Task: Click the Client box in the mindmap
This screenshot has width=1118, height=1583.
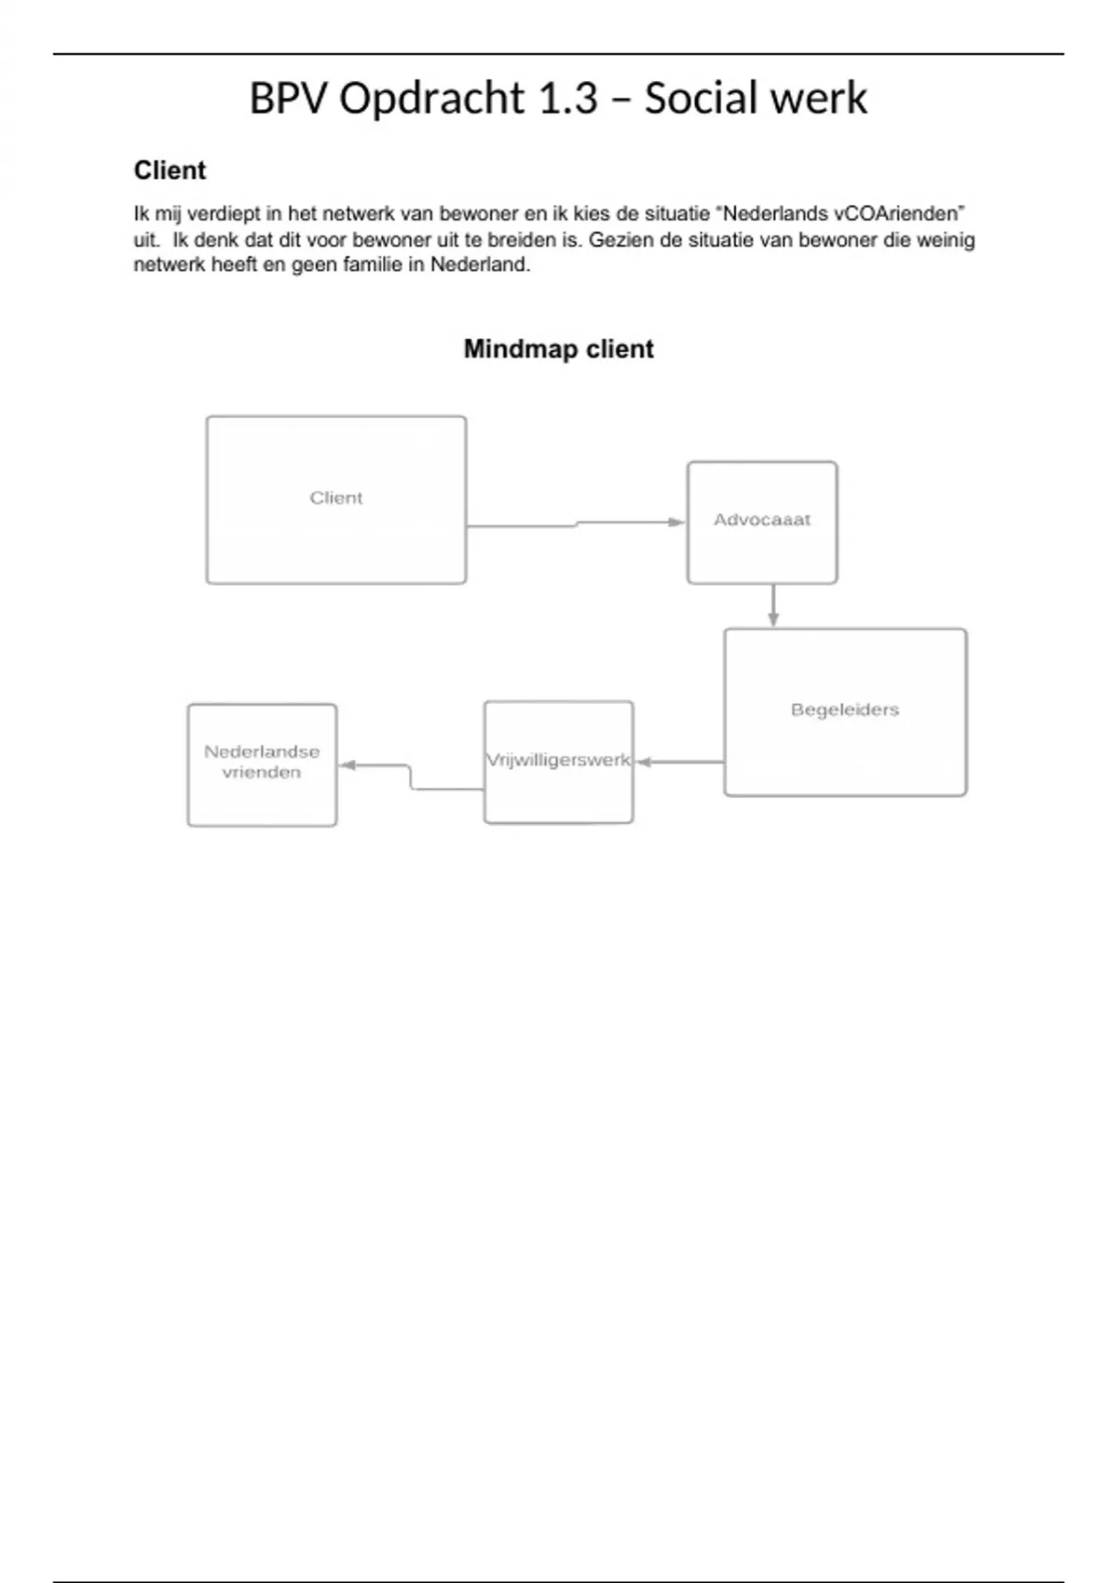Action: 336,500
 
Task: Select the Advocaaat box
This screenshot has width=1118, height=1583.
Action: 762,522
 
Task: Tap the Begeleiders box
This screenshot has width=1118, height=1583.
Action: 845,712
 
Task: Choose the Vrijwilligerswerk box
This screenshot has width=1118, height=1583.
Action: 558,762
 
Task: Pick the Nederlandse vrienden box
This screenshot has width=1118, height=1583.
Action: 262,764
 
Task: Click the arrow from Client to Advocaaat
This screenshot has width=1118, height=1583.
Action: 576,524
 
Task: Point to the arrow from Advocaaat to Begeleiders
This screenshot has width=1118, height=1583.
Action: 773,606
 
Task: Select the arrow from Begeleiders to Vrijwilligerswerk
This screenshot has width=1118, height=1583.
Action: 679,762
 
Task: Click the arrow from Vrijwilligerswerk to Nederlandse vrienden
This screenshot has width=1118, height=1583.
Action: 410,777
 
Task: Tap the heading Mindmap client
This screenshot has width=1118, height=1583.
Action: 558,349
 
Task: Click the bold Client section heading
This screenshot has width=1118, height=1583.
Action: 170,170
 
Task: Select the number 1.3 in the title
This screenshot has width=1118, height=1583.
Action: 567,99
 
